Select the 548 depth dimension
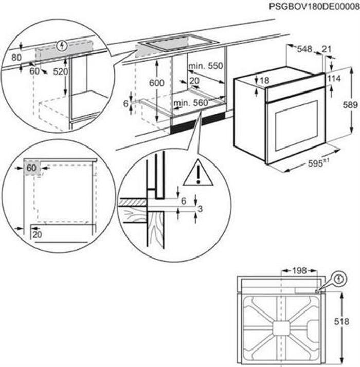click(305, 49)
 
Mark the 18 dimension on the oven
click(264, 80)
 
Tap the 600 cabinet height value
click(157, 83)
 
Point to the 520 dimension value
click(61, 72)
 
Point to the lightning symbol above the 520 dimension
click(63, 46)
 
